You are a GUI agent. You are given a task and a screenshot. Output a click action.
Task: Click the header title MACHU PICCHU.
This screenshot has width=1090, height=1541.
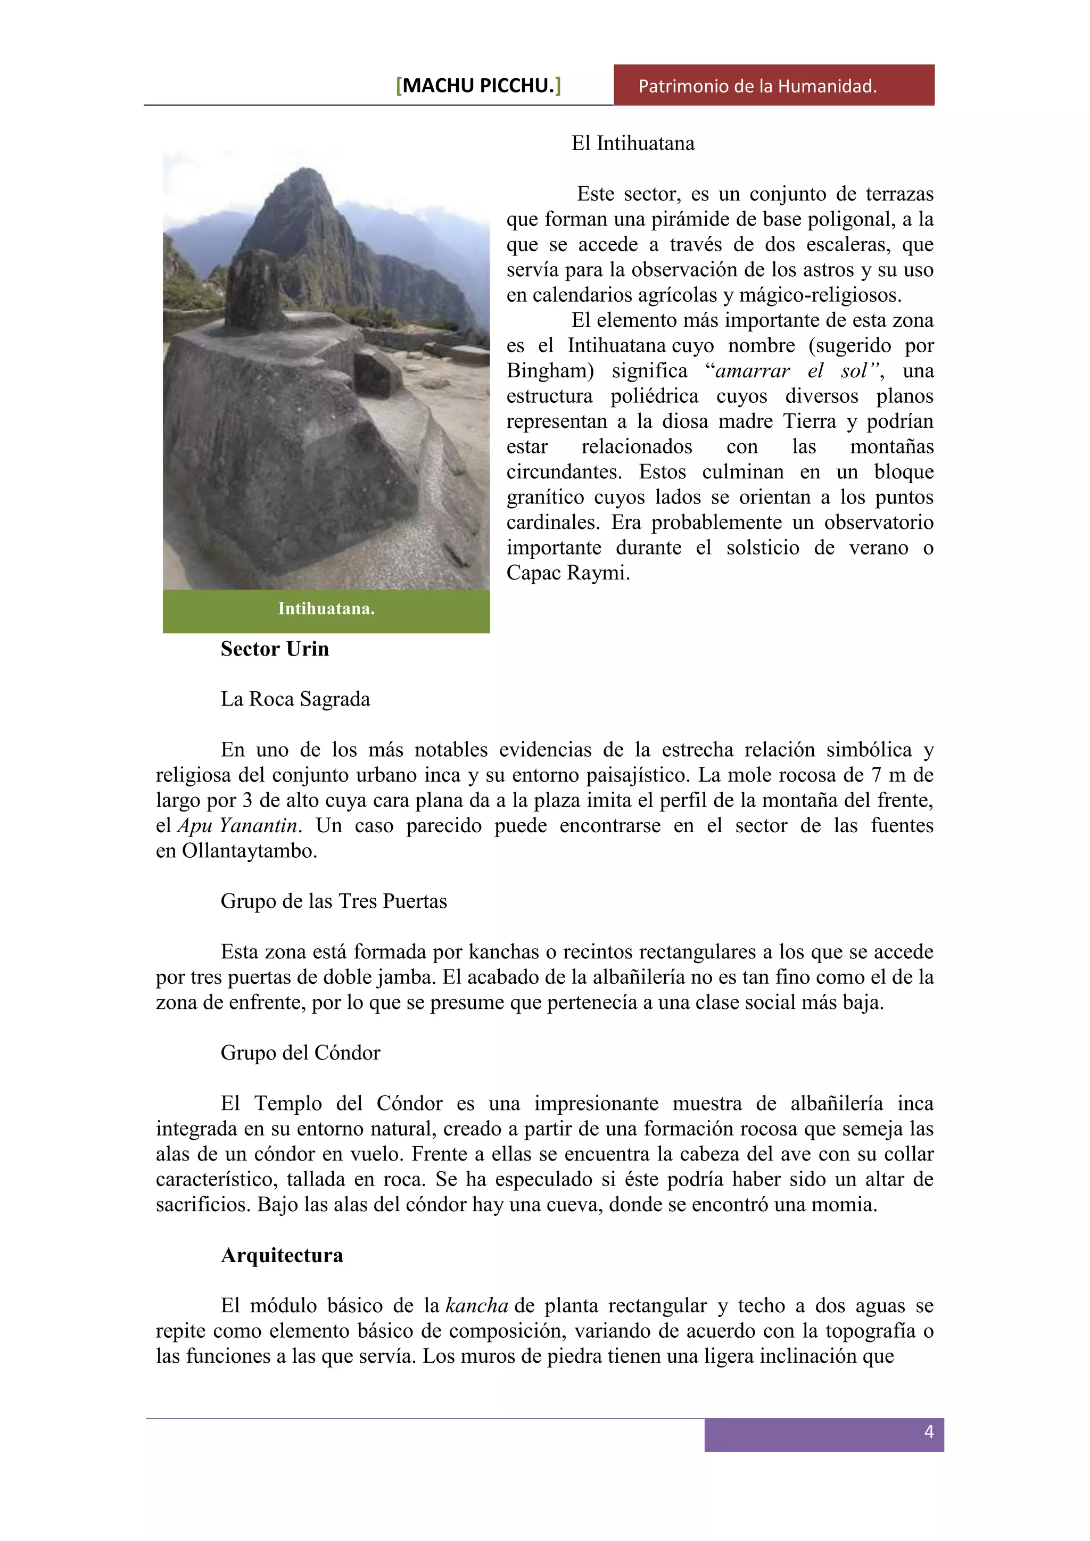click(x=478, y=86)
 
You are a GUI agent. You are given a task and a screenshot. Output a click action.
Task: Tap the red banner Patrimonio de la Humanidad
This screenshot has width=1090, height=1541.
click(x=757, y=86)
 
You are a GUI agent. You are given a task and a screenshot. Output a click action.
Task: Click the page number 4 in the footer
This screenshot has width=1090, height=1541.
click(x=929, y=1431)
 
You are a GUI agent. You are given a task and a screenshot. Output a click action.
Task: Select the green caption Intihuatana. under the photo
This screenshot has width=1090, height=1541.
click(x=326, y=609)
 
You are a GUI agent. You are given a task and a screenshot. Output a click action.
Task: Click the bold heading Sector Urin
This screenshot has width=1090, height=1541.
click(x=275, y=649)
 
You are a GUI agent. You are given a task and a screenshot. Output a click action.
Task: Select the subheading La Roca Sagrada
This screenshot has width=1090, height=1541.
click(x=295, y=699)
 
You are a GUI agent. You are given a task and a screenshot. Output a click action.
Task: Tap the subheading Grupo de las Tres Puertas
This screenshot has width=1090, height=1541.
click(x=334, y=901)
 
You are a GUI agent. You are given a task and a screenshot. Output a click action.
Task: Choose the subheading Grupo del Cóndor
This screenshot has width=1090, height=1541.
click(x=300, y=1053)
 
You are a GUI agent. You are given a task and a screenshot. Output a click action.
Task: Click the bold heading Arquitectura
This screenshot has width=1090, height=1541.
click(x=282, y=1255)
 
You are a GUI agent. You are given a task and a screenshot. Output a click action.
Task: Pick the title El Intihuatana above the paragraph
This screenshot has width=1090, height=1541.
click(x=632, y=144)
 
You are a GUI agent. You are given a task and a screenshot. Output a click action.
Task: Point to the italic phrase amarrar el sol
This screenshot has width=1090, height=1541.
click(x=795, y=371)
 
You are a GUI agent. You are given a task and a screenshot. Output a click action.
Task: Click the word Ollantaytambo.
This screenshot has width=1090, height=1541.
click(x=249, y=851)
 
